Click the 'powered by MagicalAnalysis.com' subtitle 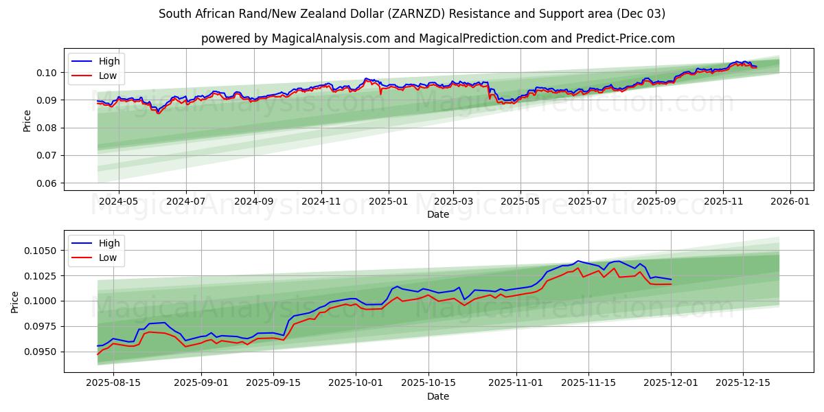437,38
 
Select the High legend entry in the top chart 108,61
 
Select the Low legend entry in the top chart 107,76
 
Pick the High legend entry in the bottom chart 108,243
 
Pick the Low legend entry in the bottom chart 107,257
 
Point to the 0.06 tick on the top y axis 47,183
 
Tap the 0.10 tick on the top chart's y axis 47,73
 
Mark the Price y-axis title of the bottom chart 15,301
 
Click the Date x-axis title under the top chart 437,214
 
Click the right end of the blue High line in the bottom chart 671,279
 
